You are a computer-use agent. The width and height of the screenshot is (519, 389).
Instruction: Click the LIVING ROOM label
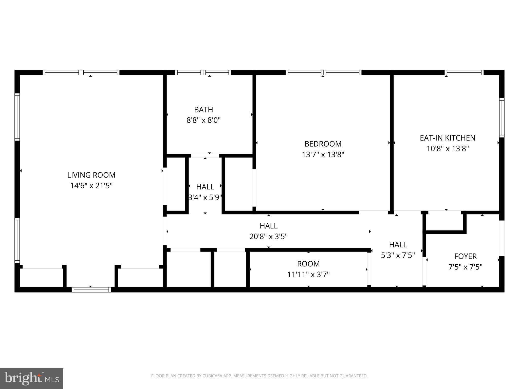point(91,175)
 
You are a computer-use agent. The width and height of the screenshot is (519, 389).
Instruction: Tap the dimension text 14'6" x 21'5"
point(91,186)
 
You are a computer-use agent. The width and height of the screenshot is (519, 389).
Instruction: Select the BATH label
point(203,110)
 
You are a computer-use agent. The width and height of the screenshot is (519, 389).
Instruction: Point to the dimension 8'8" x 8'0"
point(203,120)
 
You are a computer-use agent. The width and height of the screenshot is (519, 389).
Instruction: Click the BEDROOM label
point(323,144)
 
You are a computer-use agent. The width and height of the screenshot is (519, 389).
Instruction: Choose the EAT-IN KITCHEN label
point(448,138)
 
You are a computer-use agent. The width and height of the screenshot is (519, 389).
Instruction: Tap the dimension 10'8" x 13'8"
point(448,149)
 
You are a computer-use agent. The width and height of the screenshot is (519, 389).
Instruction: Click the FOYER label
point(465,256)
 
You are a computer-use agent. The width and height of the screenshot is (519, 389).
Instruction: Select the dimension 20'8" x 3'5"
point(268,237)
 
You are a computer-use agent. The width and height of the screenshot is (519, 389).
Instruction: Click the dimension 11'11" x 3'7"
point(308,275)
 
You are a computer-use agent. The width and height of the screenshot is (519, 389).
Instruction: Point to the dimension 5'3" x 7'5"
point(398,255)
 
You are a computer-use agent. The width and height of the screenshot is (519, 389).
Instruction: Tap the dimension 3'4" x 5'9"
point(205,197)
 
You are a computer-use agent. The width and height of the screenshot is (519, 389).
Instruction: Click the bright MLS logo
point(31,378)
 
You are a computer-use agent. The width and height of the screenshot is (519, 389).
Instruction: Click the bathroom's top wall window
point(203,73)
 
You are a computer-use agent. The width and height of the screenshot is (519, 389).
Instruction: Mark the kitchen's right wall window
point(502,118)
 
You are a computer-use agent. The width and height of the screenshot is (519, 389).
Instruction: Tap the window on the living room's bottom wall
point(91,290)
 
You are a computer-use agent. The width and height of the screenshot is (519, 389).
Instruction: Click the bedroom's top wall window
point(324,73)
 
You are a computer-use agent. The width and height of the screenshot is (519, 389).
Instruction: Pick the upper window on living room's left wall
point(17,117)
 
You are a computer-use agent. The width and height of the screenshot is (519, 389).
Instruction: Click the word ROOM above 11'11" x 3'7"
point(308,264)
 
